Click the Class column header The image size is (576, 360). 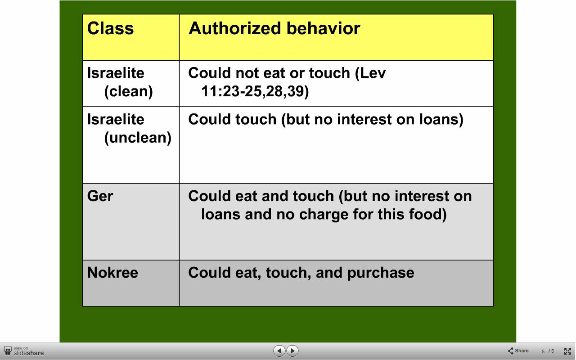(110, 28)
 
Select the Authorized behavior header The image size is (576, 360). (274, 28)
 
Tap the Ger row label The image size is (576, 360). (100, 196)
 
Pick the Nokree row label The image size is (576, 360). (112, 273)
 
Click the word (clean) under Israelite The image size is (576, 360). (128, 91)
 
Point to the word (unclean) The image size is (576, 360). (138, 138)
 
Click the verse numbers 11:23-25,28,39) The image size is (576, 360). (255, 91)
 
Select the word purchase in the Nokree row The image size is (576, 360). (381, 273)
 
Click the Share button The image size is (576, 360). (518, 351)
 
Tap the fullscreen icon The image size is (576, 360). (567, 351)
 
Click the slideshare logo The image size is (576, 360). (24, 351)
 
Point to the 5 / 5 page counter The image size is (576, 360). (548, 351)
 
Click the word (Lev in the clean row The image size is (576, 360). (370, 73)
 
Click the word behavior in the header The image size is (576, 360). (323, 28)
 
